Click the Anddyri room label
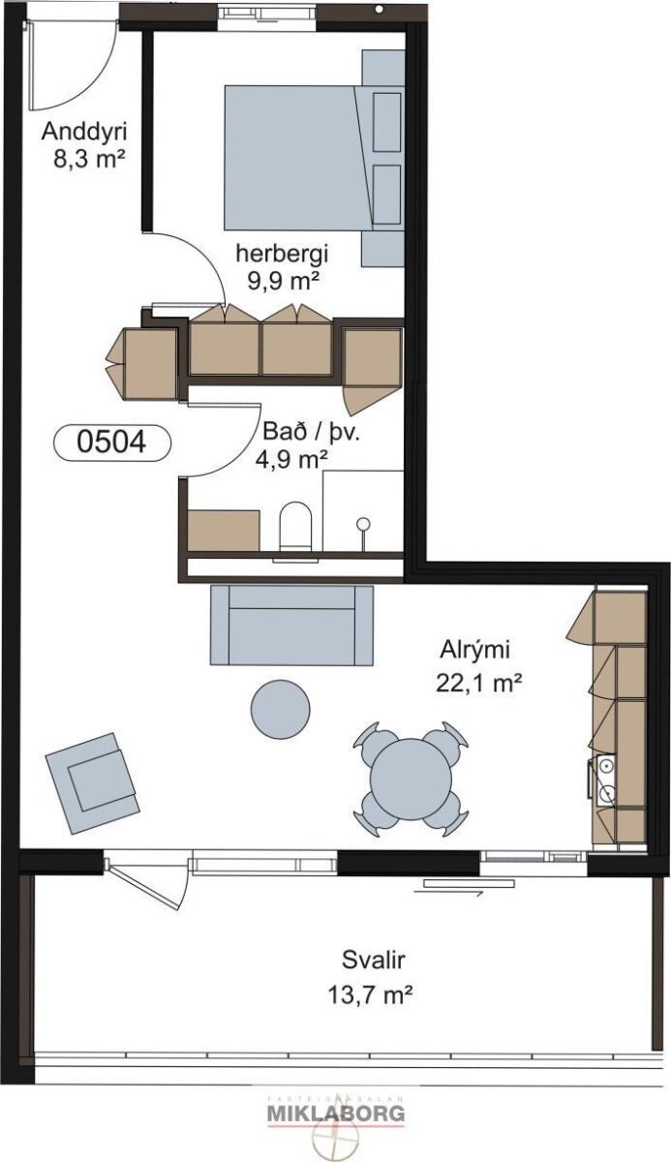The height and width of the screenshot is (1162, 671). point(84,132)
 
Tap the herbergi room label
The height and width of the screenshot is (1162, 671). point(283,254)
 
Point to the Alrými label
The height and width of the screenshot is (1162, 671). point(475,651)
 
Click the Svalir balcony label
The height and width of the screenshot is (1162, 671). point(374,960)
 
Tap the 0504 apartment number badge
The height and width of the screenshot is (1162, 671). point(112,443)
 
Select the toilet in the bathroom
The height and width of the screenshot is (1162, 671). point(295,526)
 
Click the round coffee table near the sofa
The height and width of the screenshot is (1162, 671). point(281,708)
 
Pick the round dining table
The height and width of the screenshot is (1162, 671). point(411,779)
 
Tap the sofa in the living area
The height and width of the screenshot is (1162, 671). point(291,625)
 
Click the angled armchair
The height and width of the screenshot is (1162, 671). point(92,782)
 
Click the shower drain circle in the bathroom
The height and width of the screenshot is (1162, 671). point(363,524)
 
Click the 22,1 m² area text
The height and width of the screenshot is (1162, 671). point(478,683)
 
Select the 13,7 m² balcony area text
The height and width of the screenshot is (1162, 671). point(370,994)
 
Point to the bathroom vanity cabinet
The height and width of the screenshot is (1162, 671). point(223,531)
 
